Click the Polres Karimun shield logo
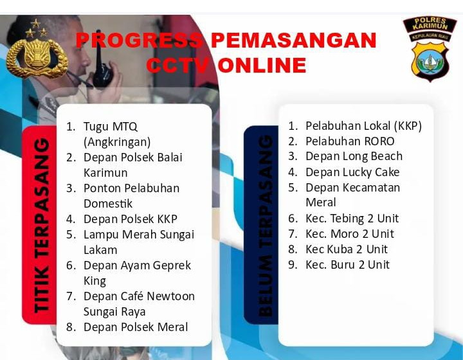pyautogui.click(x=430, y=49)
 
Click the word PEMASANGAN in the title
pyautogui.click(x=294, y=40)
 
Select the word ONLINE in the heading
pyautogui.click(x=262, y=65)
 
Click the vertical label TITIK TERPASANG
pyautogui.click(x=42, y=225)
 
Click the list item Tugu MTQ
pyautogui.click(x=111, y=127)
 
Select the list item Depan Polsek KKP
pyautogui.click(x=130, y=219)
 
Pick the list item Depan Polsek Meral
pyautogui.click(x=136, y=327)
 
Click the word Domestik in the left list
pyautogui.click(x=108, y=204)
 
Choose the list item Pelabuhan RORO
pyautogui.click(x=350, y=141)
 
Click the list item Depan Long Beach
pyautogui.click(x=354, y=156)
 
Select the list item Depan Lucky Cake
pyautogui.click(x=352, y=172)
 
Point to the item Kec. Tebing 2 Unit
pyautogui.click(x=352, y=219)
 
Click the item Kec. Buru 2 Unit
pyautogui.click(x=347, y=265)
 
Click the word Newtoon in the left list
pyautogui.click(x=170, y=296)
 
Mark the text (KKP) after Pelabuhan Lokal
pyautogui.click(x=408, y=126)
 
